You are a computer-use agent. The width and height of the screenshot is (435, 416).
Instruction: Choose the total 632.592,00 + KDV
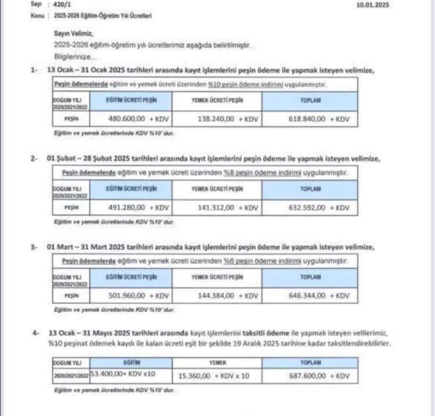pyautogui.click(x=319, y=207)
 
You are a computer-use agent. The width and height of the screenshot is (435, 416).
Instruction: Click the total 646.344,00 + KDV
pyautogui.click(x=319, y=295)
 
